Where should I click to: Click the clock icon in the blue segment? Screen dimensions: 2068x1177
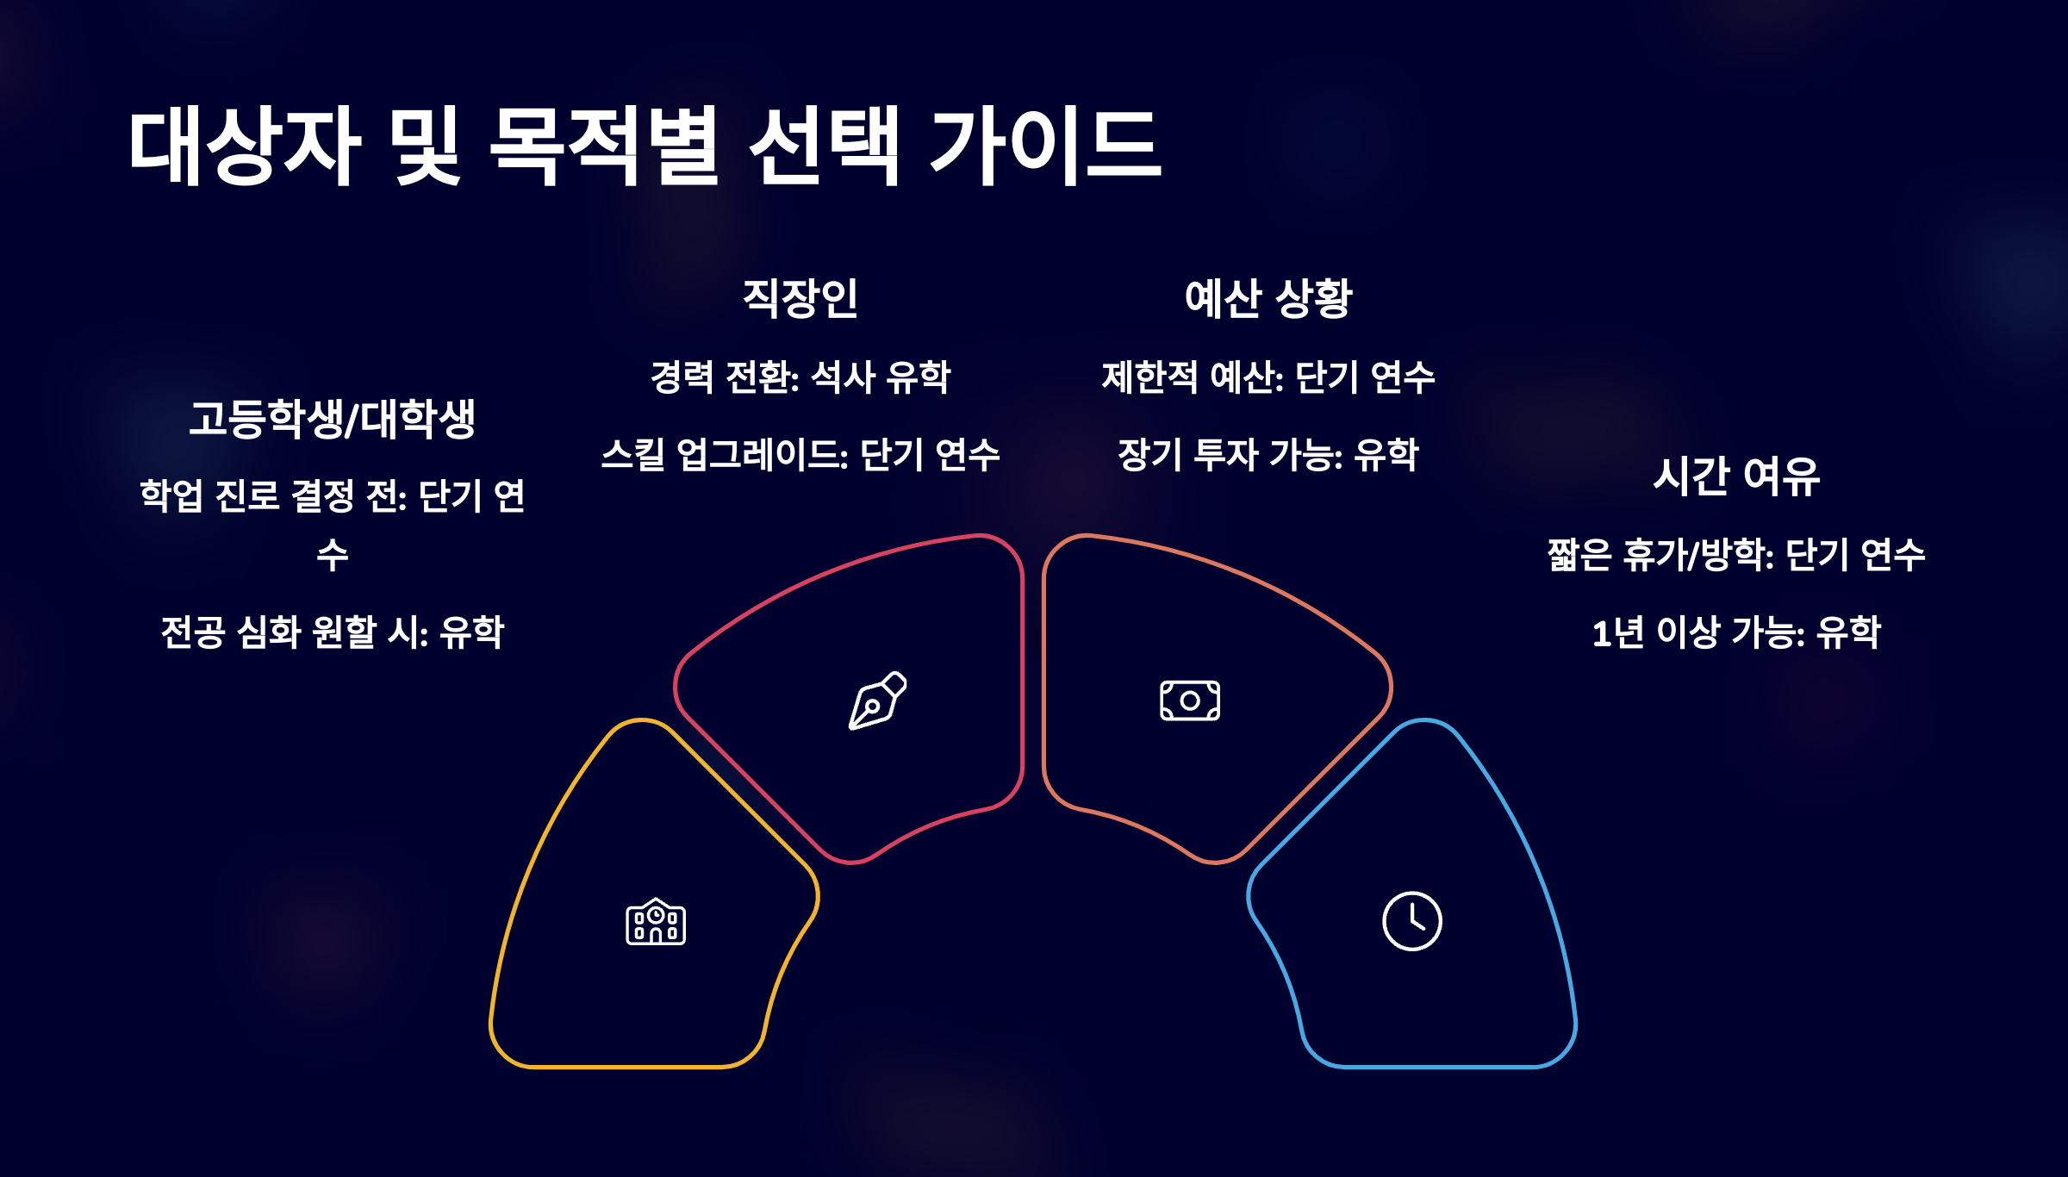(1411, 921)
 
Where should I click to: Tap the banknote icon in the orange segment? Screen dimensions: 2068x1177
(1190, 701)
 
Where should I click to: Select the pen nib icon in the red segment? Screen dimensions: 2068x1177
(877, 701)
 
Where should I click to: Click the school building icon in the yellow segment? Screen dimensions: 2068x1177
(656, 922)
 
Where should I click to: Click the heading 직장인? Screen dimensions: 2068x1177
(800, 298)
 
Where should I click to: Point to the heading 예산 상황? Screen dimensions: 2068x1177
(1268, 298)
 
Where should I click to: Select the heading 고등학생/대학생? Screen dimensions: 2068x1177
(333, 420)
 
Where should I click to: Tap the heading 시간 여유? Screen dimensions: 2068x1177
(1736, 476)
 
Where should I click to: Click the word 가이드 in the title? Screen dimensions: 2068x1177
(1045, 146)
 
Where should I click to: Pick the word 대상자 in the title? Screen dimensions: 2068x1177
(245, 146)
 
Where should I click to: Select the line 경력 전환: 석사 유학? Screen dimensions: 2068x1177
(800, 377)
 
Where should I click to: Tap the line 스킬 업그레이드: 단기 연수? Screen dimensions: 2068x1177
(800, 455)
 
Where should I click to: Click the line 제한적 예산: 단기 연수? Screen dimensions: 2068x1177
(1268, 377)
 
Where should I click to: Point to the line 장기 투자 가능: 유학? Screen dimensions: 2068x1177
(1268, 455)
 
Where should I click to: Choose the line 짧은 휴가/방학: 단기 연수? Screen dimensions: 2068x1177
(1736, 555)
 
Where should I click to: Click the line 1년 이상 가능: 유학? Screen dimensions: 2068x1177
(1736, 632)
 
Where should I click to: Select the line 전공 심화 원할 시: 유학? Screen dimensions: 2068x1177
(333, 632)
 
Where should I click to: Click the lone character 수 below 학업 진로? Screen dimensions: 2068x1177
(333, 555)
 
